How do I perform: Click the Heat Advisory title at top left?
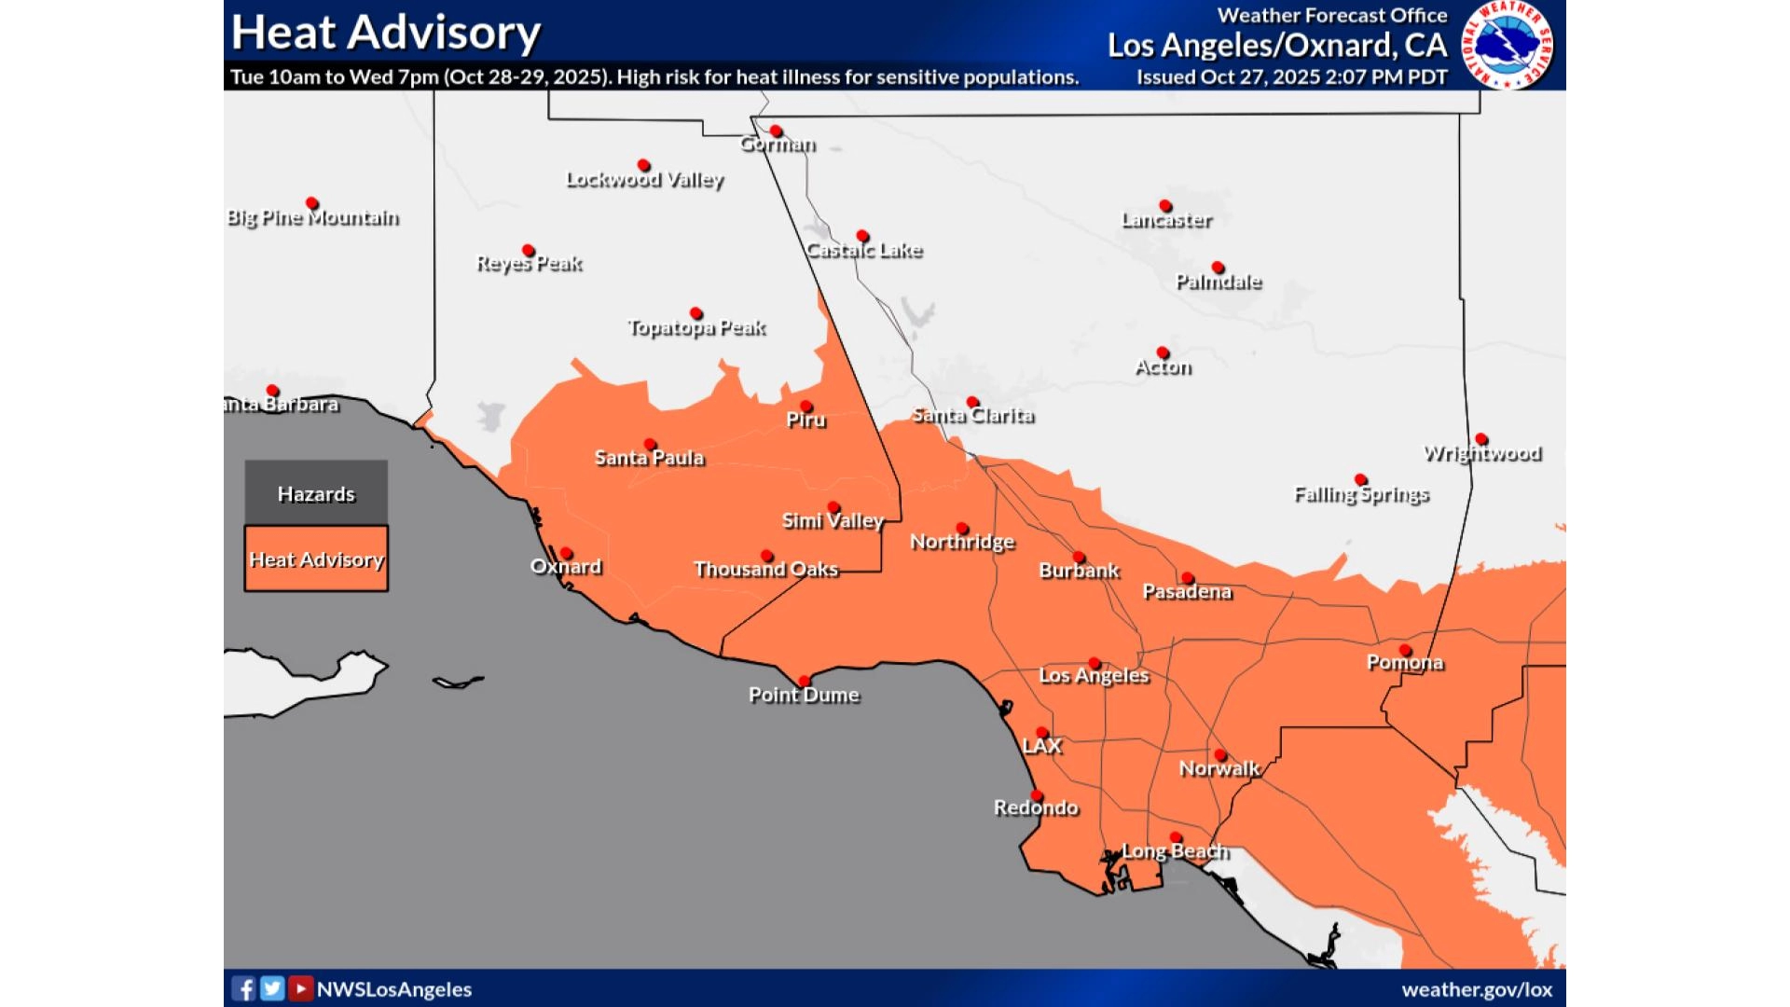385,33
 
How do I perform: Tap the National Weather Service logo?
1508,45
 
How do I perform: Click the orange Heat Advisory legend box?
316,559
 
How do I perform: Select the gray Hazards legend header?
316,493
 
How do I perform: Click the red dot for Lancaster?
1165,206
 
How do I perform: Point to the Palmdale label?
1219,282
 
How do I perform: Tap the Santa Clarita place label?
973,416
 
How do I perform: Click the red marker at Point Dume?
804,681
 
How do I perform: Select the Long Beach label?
1175,851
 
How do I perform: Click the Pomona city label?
1405,663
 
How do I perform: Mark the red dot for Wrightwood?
1481,439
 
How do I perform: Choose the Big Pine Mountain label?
313,218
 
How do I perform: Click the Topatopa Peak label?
696,328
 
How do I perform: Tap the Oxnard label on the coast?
566,567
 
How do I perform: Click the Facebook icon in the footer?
243,988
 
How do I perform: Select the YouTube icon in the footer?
300,988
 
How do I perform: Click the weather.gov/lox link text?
1477,989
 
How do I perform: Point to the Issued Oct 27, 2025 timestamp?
1291,77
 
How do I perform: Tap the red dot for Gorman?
776,131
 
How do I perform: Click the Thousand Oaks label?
766,570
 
